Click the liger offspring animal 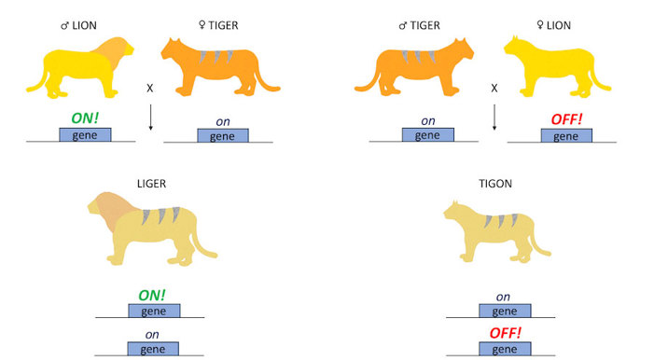click(x=149, y=229)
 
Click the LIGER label click(x=150, y=173)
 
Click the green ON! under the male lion click(x=85, y=119)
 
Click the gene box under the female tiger click(x=222, y=136)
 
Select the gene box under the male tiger click(x=427, y=136)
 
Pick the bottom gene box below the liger click(x=154, y=349)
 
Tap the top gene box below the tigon click(x=504, y=311)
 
